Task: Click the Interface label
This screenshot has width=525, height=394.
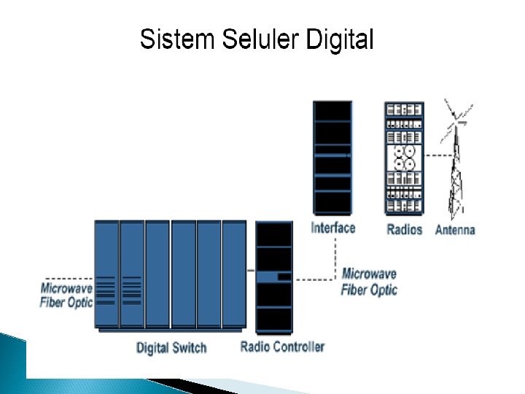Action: [333, 228]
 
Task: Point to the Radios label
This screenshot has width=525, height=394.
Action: [405, 230]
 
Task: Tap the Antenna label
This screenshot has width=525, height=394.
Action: [455, 230]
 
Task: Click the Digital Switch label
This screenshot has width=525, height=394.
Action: [171, 348]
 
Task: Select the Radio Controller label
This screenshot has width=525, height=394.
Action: [282, 347]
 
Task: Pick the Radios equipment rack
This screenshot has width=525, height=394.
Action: [404, 158]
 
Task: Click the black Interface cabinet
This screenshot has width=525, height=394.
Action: [332, 157]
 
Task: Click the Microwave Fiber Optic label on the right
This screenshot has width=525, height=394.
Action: [370, 282]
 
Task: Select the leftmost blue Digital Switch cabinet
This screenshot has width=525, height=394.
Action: [106, 274]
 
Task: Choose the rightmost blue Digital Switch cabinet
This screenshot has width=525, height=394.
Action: [234, 274]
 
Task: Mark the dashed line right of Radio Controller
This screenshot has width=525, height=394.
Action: [314, 278]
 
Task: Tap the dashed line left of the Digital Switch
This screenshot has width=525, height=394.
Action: [69, 278]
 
